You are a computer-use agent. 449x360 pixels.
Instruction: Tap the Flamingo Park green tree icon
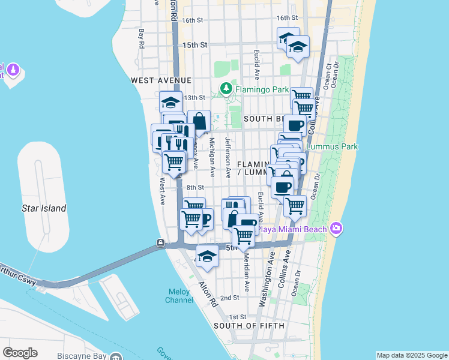coord(226,89)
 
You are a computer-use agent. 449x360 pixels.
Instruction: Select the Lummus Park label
coord(331,146)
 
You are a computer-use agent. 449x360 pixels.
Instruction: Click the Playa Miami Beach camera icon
coord(336,229)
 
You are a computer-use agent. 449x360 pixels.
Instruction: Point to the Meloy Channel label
coord(179,296)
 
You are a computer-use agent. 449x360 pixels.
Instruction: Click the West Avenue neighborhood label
coord(161,80)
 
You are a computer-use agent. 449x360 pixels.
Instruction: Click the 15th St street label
coord(194,45)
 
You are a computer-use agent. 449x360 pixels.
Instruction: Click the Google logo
coord(20,352)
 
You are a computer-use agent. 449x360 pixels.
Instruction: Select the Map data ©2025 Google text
coord(411,355)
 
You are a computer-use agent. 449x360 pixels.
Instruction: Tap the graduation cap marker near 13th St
coord(171,101)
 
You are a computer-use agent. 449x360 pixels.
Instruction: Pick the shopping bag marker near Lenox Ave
coord(199,121)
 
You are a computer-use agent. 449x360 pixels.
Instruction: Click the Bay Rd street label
coord(142,38)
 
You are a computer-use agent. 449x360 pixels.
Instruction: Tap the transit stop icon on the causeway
coord(161,243)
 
